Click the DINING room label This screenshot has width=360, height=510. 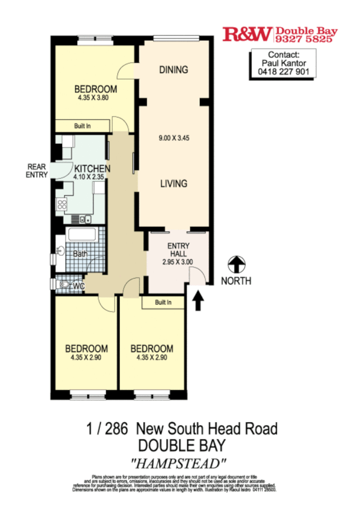(173, 70)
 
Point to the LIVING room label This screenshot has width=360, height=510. (173, 184)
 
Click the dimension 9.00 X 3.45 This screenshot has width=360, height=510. (174, 138)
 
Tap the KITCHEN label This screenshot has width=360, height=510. (92, 169)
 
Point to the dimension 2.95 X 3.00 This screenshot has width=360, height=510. (178, 263)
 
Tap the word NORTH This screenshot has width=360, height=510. (235, 281)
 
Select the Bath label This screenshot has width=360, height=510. (80, 254)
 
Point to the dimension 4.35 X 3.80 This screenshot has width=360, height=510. (93, 98)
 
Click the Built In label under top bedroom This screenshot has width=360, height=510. (82, 126)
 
